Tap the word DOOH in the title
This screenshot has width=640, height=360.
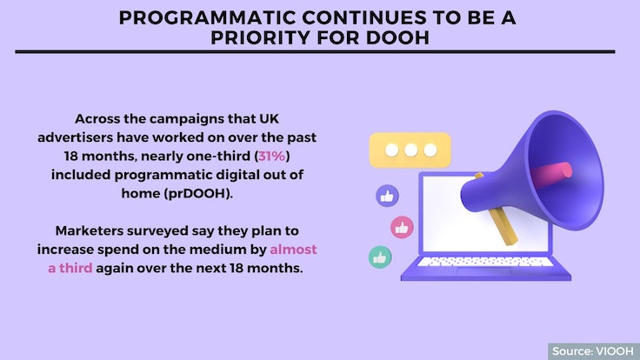pos(397,38)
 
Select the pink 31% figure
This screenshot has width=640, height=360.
pos(272,156)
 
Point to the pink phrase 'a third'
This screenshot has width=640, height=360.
pos(70,268)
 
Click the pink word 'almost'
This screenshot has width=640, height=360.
pos(293,250)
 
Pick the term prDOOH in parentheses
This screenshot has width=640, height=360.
pos(198,193)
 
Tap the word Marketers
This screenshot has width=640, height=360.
pos(89,230)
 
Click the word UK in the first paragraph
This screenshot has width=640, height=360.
pos(270,119)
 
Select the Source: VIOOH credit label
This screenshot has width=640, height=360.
pos(593,351)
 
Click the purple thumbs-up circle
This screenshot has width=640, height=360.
pos(387,197)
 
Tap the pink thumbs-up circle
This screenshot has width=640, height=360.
pos(402,227)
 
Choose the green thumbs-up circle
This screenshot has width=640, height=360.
pos(380,257)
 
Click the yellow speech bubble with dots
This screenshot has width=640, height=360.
pos(410,150)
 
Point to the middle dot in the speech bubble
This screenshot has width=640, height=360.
pos(410,150)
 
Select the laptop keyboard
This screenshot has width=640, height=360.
pos(485,262)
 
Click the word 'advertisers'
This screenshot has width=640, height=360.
pos(75,137)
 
